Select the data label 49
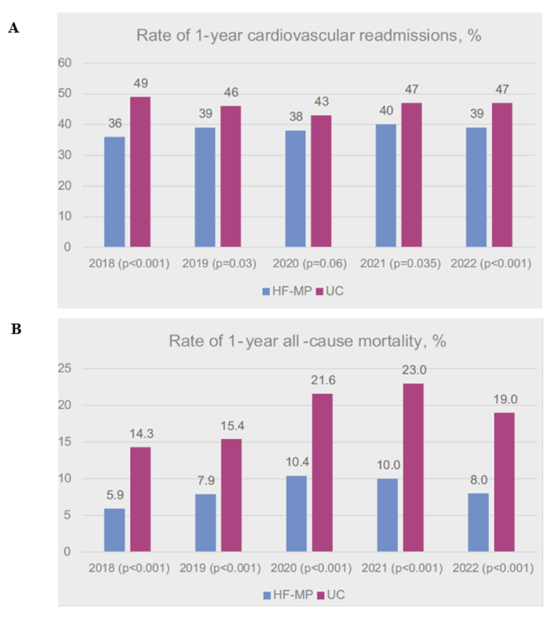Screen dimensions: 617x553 (x=140, y=85)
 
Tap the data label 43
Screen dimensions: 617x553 (x=322, y=103)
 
